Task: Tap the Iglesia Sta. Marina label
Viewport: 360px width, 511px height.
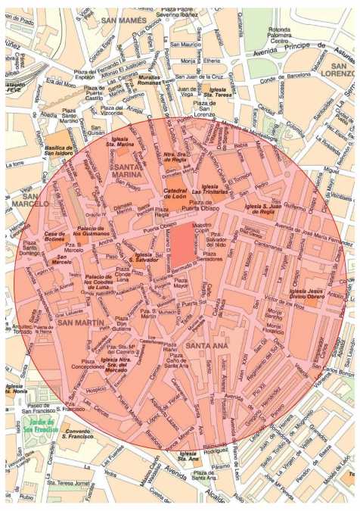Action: click(x=122, y=142)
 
